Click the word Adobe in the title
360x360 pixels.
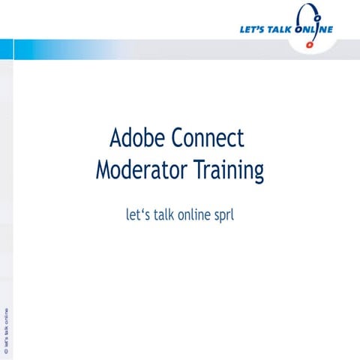137,139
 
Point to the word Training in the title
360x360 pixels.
229,172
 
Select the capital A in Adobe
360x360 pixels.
116,139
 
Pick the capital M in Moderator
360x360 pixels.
103,170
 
